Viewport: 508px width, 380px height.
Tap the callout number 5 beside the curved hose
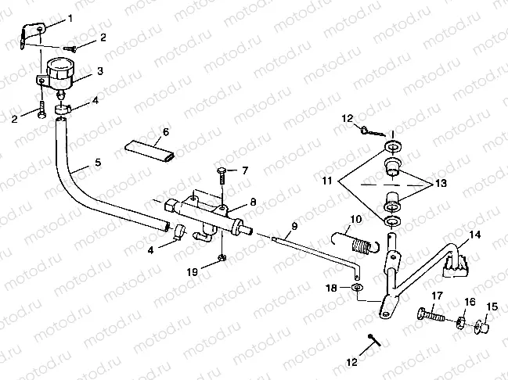coord(98,163)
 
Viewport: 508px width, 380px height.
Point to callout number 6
coord(165,131)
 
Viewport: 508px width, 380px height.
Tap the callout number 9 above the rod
coord(293,227)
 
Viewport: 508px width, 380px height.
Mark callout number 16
coord(470,302)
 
